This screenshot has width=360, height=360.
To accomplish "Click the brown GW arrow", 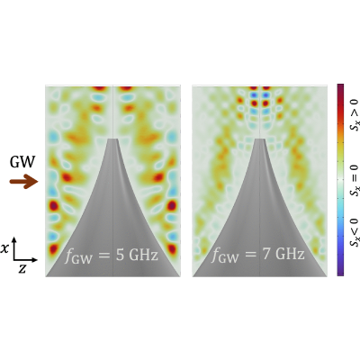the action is pyautogui.click(x=23, y=182).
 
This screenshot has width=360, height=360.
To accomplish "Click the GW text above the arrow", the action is pyautogui.click(x=22, y=162).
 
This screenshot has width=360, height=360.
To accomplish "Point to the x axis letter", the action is pyautogui.click(x=4, y=248).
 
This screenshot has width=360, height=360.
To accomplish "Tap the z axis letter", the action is pyautogui.click(x=22, y=269).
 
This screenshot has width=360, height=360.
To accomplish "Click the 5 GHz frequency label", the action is pyautogui.click(x=112, y=256).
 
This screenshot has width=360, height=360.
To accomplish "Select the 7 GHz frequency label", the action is pyautogui.click(x=258, y=255).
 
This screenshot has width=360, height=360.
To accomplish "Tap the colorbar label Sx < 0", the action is pyautogui.click(x=355, y=233).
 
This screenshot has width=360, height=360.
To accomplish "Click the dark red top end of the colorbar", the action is pyautogui.click(x=340, y=85).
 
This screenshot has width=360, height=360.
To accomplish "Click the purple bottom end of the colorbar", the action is pyautogui.click(x=340, y=274).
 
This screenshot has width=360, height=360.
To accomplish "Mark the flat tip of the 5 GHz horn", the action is pyautogui.click(x=112, y=139).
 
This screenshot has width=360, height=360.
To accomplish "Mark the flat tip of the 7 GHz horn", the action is pyautogui.click(x=259, y=139).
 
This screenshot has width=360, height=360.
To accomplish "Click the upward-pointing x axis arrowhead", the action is pyautogui.click(x=14, y=240).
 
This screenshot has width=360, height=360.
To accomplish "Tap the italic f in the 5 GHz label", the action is pyautogui.click(x=69, y=256).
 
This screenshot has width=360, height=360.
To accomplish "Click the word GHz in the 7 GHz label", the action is pyautogui.click(x=290, y=255).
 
